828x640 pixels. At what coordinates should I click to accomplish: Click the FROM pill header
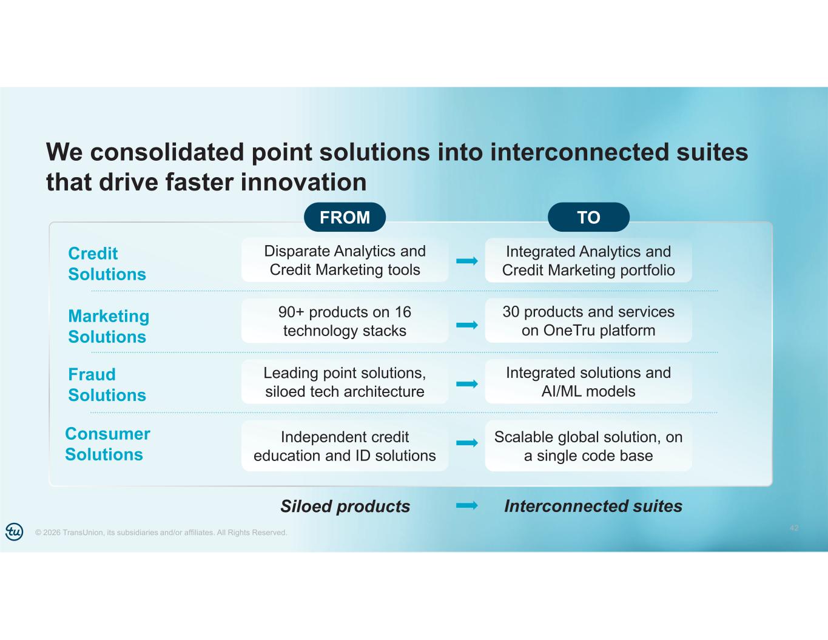coord(345,217)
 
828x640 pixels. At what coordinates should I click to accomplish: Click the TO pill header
coord(588,217)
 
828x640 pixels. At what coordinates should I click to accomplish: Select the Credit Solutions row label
coord(107,264)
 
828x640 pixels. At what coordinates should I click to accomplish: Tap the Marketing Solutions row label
coord(109,326)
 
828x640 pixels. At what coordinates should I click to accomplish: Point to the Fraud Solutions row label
coord(107,385)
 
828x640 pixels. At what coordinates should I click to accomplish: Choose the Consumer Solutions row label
coord(107,444)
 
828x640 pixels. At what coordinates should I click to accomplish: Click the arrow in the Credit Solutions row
coord(466,261)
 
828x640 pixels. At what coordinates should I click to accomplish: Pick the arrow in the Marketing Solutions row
coord(466,325)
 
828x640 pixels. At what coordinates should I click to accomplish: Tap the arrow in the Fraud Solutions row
coord(466,384)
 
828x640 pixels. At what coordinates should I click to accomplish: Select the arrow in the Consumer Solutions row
coord(466,443)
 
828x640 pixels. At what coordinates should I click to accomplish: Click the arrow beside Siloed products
coord(466,505)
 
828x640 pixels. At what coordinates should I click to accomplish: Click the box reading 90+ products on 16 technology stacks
coord(345,322)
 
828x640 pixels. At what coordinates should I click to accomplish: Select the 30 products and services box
coord(588,321)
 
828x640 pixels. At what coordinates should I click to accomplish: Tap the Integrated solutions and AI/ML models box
coord(588,382)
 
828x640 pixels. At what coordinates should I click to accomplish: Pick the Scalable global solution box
coord(588,446)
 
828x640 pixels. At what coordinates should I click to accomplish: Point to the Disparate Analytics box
coord(345,260)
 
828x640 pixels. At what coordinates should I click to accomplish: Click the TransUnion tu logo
coord(15,531)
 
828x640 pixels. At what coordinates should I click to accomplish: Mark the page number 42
coord(794,528)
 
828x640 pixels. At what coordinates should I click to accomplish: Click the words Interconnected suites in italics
coord(593,506)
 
